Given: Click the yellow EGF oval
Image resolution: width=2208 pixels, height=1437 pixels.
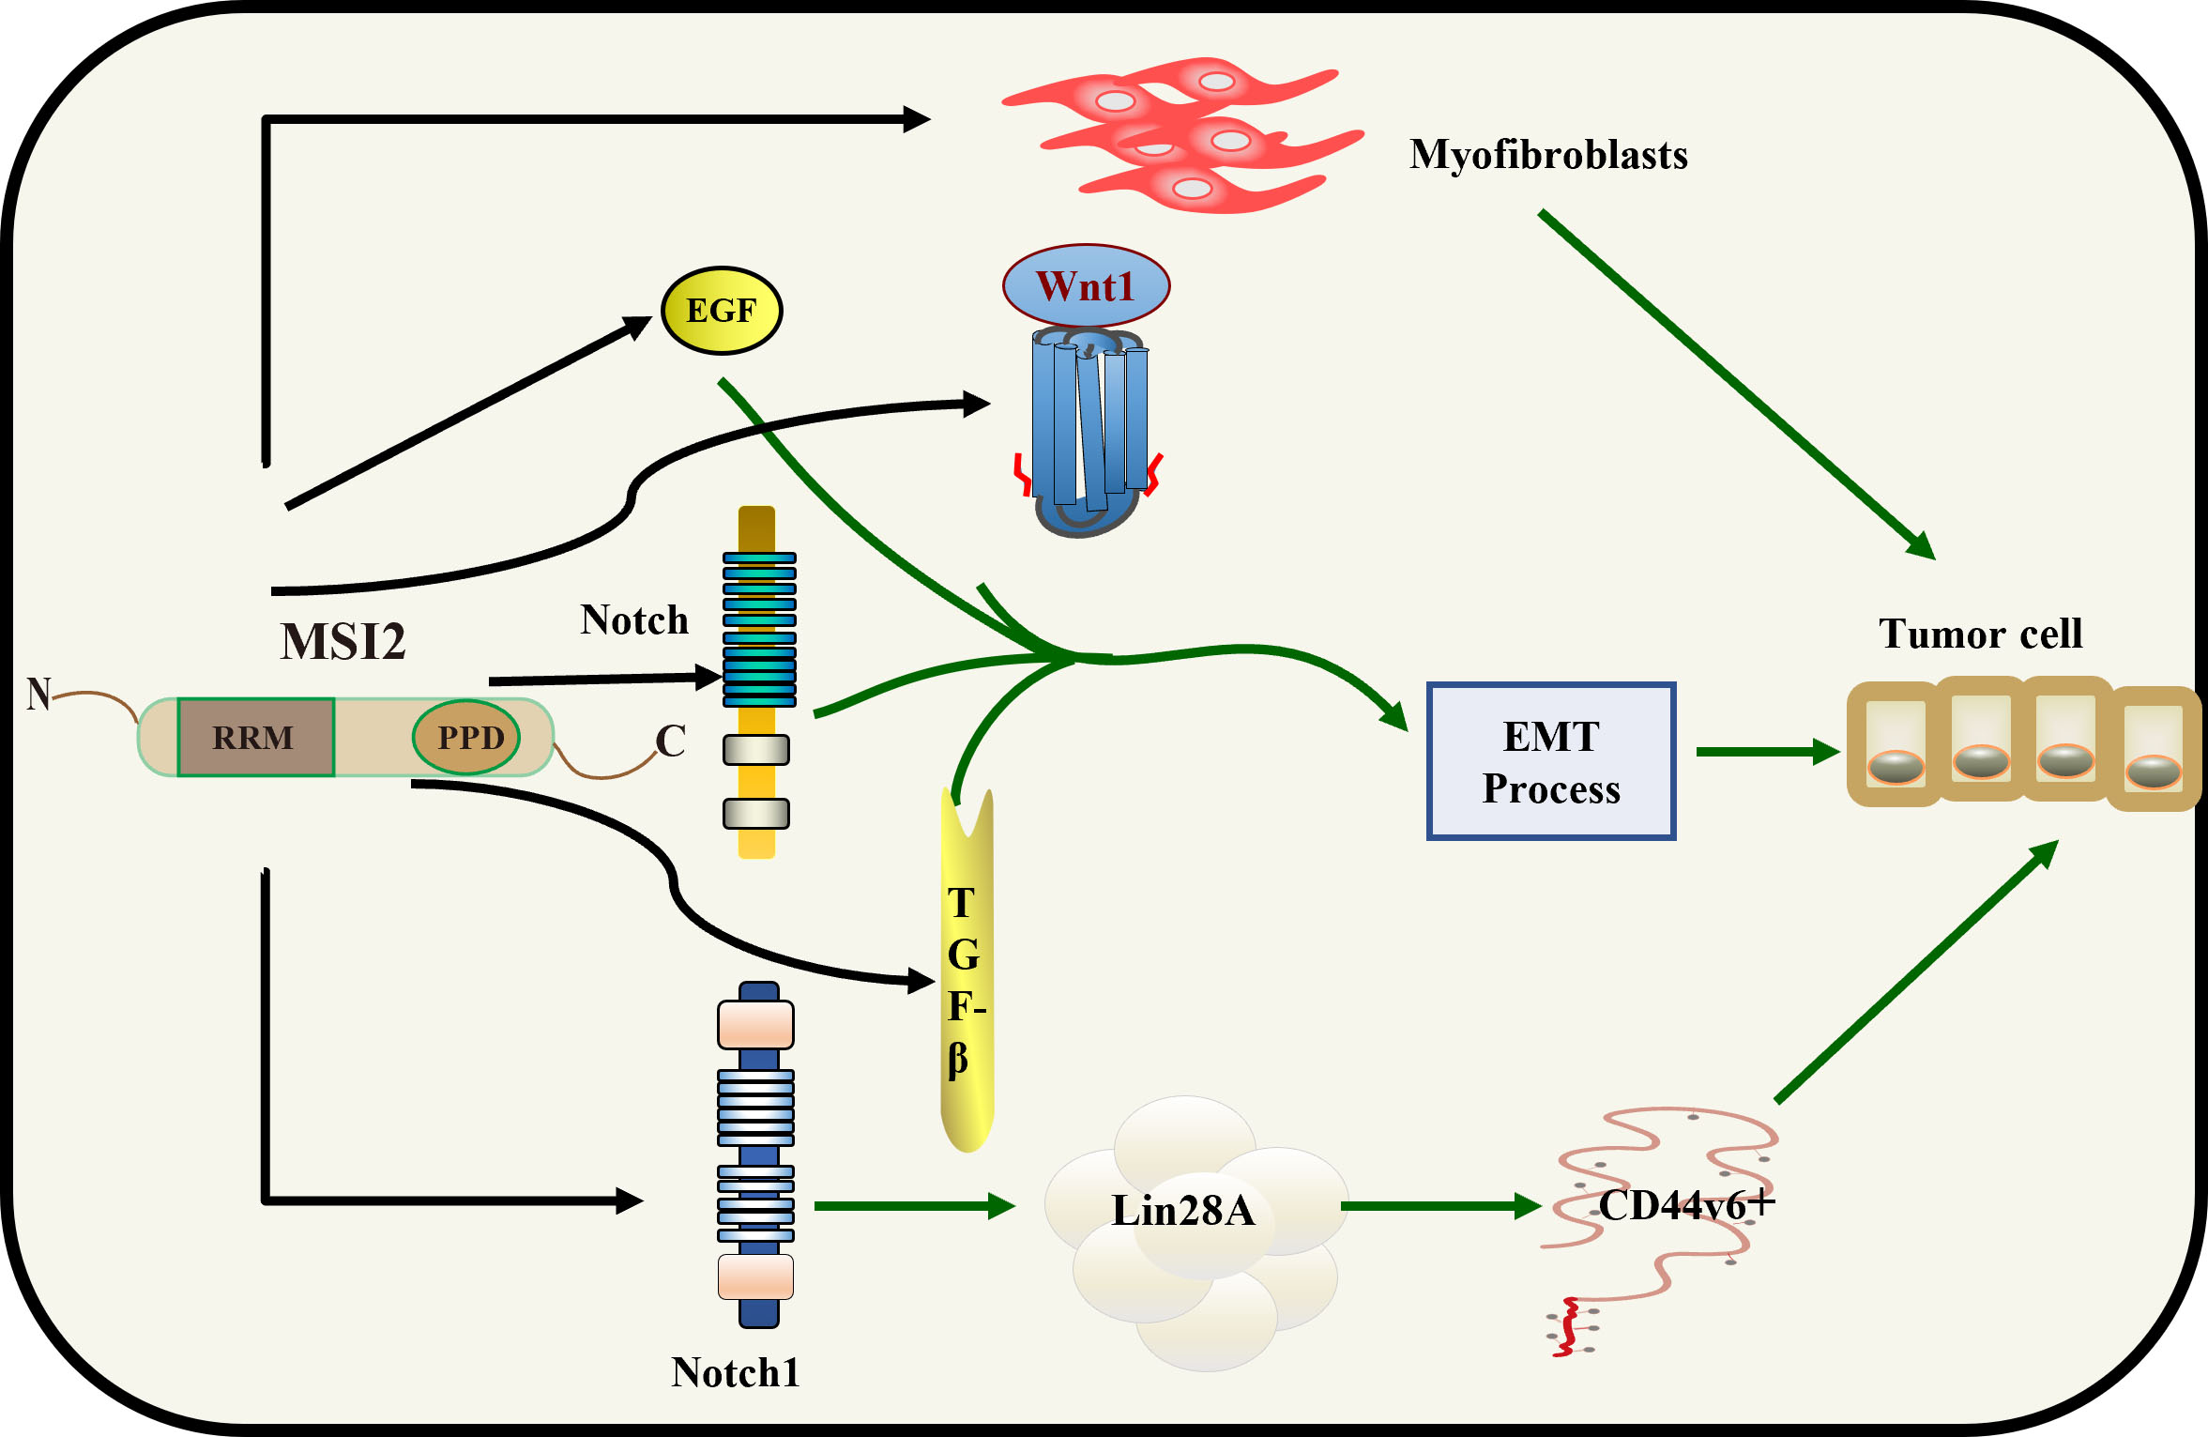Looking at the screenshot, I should click(722, 311).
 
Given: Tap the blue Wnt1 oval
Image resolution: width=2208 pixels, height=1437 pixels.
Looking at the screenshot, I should click(1086, 286).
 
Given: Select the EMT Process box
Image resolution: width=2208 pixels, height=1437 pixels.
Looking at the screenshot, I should click(1550, 761).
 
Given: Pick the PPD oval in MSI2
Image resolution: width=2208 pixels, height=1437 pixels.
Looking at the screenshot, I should click(467, 738).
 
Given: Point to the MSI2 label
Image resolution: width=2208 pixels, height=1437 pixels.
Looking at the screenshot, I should click(343, 642).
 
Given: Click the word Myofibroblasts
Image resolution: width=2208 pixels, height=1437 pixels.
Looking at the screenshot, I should click(1548, 155).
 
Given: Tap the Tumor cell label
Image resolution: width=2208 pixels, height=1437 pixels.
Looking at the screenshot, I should click(1980, 634).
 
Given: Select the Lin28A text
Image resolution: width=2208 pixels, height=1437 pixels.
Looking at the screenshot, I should click(1182, 1211).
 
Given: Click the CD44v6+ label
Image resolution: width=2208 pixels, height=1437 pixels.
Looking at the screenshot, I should click(1685, 1205).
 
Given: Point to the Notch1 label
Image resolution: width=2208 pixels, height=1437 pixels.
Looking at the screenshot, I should click(736, 1372).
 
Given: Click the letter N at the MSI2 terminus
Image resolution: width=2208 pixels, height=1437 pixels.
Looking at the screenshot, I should click(38, 695).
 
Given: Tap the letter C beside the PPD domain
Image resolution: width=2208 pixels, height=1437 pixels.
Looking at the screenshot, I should click(670, 741).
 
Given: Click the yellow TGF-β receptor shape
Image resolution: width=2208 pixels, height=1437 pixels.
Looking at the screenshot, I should click(967, 976).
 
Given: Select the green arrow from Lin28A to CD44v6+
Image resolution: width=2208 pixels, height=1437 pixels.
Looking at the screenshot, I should click(1440, 1206).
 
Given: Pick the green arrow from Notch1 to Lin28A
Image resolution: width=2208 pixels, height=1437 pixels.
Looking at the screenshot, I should click(915, 1206).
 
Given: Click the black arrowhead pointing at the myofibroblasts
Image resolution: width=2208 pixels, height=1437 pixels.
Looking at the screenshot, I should click(916, 119).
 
